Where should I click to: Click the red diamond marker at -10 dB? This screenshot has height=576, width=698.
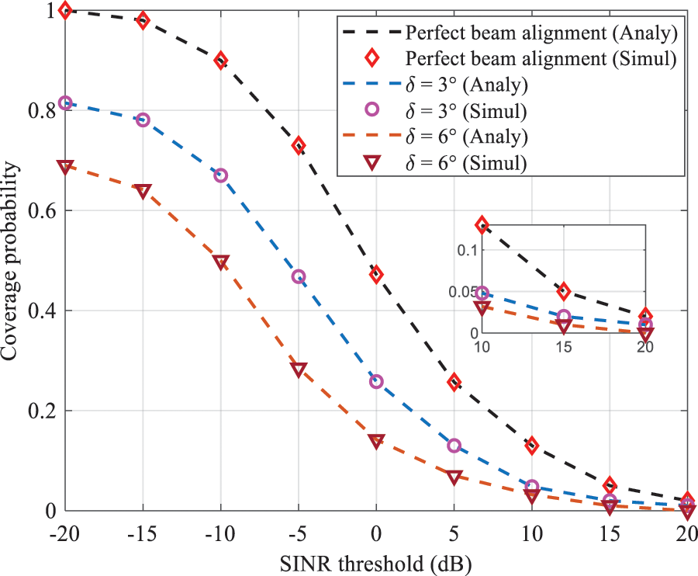click(x=221, y=61)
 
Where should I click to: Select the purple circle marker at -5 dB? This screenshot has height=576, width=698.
click(x=299, y=276)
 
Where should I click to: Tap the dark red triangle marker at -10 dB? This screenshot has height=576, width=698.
click(x=221, y=262)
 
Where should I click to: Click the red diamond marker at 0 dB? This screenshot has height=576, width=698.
click(x=376, y=275)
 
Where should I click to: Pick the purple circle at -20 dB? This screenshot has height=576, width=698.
click(x=66, y=103)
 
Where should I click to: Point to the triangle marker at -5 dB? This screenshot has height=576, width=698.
click(x=299, y=370)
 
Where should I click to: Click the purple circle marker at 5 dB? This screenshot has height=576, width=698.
click(x=454, y=446)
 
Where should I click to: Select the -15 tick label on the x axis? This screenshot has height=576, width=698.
click(x=143, y=535)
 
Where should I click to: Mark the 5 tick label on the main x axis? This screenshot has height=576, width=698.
click(x=454, y=535)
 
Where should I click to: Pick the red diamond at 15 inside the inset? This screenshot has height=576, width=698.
click(x=564, y=292)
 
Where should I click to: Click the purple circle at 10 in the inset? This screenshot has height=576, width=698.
click(x=482, y=294)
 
